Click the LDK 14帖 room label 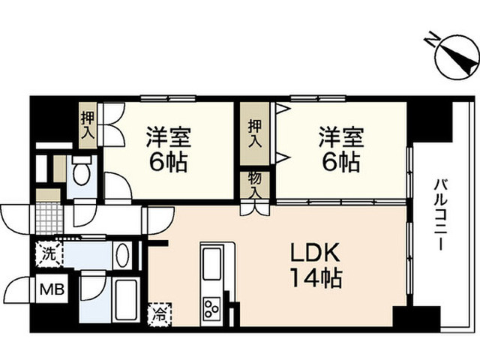[316, 265]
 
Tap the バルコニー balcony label [441, 215]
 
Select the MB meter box [52, 289]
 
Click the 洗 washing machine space [49, 254]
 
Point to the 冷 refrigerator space [160, 313]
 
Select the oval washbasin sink [123, 255]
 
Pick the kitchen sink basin [211, 263]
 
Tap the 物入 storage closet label [255, 184]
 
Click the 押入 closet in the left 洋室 [88, 125]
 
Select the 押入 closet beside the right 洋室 [255, 133]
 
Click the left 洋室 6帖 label [168, 149]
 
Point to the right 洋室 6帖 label [341, 149]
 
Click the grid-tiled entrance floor [49, 218]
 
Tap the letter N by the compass [432, 39]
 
